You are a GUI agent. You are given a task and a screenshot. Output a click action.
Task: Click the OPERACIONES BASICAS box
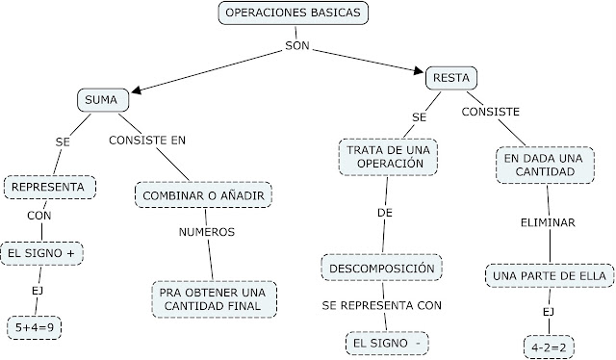tap(294, 13)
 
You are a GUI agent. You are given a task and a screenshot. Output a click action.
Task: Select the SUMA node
tap(101, 100)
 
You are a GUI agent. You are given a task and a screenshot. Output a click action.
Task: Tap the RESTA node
tap(451, 76)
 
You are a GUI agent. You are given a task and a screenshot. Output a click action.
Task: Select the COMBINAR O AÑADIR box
tap(203, 194)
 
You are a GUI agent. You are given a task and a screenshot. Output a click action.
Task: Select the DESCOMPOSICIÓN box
tap(385, 267)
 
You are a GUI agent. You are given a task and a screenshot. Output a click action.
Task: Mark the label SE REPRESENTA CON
tap(382, 305)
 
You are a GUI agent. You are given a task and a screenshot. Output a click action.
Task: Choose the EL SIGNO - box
tap(386, 343)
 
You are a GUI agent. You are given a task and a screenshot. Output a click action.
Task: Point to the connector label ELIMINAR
tap(547, 222)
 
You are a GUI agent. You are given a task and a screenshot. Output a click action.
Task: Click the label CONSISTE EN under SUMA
tap(147, 140)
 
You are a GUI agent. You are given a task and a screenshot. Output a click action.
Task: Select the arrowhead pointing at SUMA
tap(138, 91)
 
